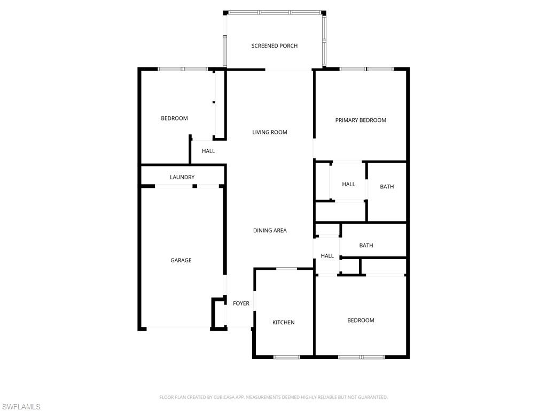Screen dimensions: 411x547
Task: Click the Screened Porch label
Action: click(274, 46)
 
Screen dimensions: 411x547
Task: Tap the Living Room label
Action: click(270, 132)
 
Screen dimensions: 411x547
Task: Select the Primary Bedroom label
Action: click(361, 120)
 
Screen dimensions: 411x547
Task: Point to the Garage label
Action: click(181, 261)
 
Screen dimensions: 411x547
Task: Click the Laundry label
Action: click(182, 177)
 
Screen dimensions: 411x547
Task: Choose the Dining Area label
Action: click(270, 231)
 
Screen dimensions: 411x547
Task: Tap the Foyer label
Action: click(241, 303)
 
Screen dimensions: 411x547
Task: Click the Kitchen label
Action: click(284, 323)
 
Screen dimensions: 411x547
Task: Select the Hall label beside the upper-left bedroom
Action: click(208, 151)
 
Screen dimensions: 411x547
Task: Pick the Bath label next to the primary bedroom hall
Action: click(387, 187)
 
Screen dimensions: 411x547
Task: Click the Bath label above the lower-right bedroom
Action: click(366, 246)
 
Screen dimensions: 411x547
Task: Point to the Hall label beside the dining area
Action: click(327, 256)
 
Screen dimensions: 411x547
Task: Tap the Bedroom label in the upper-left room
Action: click(174, 118)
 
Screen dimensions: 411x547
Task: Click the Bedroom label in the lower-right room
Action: click(361, 321)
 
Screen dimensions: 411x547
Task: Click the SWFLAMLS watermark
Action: click(21, 407)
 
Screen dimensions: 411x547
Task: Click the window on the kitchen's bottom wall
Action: click(287, 356)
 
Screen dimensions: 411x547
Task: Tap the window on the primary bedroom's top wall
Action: click(366, 69)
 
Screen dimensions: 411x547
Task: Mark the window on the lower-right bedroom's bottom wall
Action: click(361, 356)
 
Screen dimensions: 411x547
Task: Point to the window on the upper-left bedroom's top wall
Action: click(183, 69)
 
